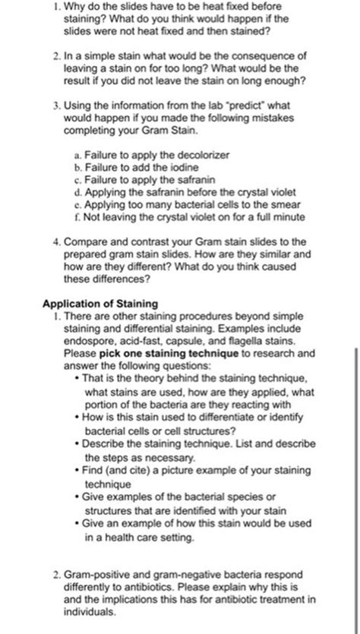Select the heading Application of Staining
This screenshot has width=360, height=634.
point(100,304)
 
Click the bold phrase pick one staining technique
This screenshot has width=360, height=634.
point(167,354)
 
